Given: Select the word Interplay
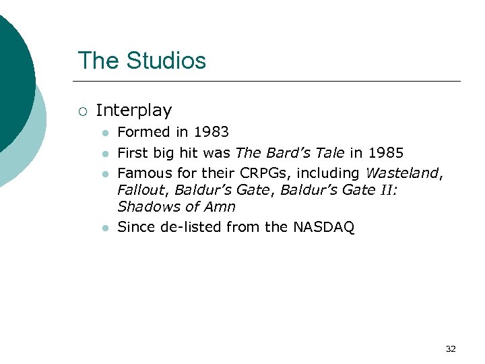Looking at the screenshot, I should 134,110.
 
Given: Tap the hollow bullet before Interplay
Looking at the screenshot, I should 82,111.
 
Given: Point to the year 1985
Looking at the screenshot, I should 385,152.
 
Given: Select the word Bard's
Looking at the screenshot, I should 290,152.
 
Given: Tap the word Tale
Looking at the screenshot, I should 331,152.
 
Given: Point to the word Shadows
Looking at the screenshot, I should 145,207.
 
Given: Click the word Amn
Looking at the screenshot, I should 220,207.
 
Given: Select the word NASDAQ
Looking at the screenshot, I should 323,227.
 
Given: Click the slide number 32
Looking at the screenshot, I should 451,349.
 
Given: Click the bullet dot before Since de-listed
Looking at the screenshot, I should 104,229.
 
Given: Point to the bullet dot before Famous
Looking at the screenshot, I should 104,174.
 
